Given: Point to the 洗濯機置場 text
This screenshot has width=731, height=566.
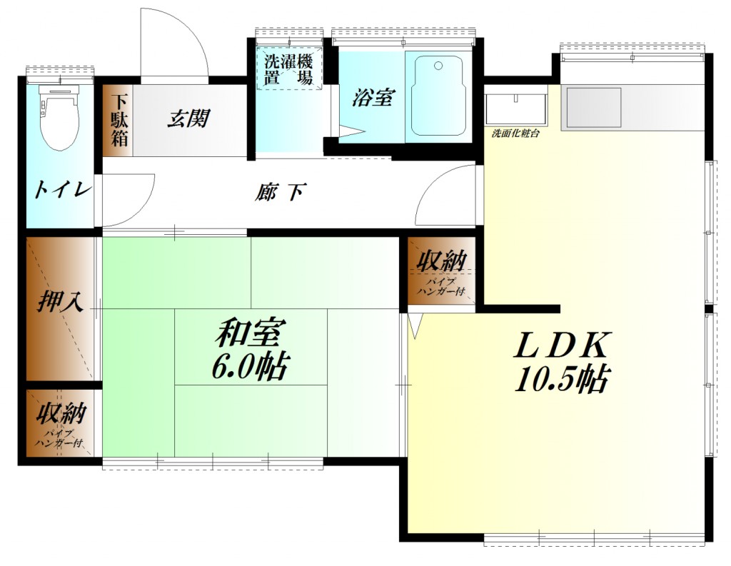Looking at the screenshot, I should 289,69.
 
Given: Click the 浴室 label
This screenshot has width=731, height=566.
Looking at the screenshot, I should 372,98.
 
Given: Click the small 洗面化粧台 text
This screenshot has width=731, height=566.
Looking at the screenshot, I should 515,133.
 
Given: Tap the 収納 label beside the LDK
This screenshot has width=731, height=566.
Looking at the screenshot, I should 442,261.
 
